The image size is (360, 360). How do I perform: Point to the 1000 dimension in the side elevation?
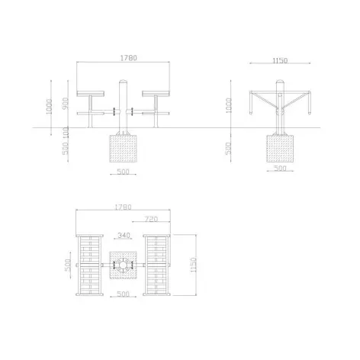(x=230, y=107)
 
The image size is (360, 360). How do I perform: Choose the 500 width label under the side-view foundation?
(x=281, y=168)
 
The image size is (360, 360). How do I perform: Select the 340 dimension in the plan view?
(x=123, y=236)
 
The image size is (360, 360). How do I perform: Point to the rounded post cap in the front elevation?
(x=124, y=80)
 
